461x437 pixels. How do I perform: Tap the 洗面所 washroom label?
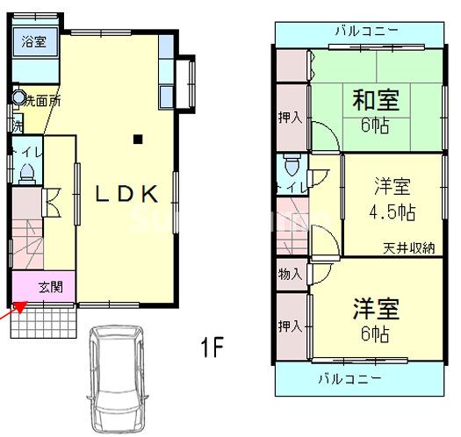(42, 101)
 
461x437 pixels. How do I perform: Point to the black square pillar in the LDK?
(138, 138)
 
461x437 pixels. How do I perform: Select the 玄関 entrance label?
(50, 286)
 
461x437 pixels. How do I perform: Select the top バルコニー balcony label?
(366, 31)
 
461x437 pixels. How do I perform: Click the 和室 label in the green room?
(376, 99)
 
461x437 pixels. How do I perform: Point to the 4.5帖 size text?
(392, 211)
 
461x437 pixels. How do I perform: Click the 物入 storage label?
(289, 274)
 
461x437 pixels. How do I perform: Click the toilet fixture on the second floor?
(292, 164)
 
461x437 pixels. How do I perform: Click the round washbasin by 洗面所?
(18, 98)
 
